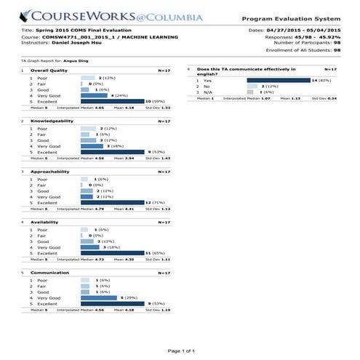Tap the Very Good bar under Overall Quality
point(94,95)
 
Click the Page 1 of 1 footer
point(180,351)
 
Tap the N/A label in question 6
point(209,92)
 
